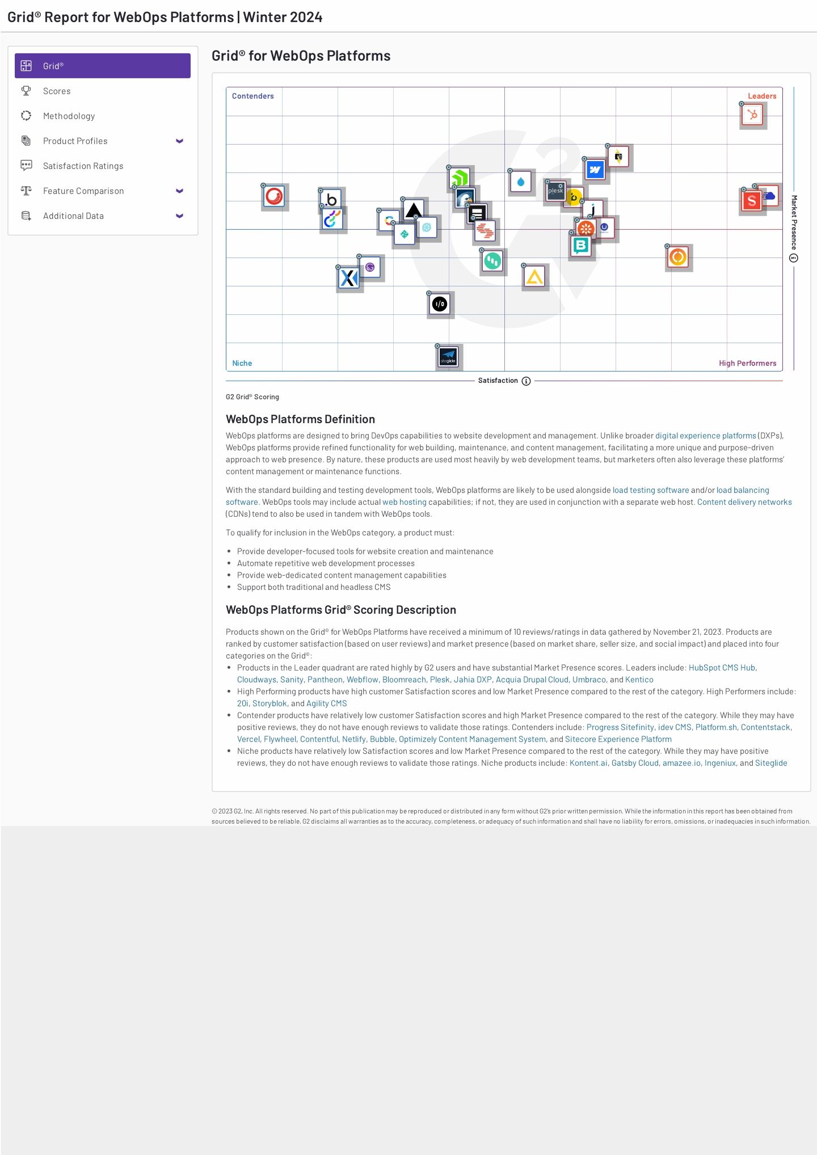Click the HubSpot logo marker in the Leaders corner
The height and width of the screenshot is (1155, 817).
point(753,115)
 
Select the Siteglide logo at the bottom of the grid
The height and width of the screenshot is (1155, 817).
point(448,357)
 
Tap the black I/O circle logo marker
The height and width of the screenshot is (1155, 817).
point(440,304)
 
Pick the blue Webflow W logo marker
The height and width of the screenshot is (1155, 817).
point(595,170)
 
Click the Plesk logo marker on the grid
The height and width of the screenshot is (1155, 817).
point(555,191)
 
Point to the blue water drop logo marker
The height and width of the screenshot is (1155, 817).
point(521,182)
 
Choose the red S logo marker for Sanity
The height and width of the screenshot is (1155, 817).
point(752,201)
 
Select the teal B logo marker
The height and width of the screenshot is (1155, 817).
point(580,246)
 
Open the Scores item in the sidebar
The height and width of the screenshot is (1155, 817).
point(57,91)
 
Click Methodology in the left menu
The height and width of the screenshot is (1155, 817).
point(69,116)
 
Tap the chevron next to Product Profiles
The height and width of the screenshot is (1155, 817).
point(179,141)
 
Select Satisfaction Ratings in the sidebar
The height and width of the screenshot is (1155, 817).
point(83,166)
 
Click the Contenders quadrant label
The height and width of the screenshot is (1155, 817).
point(252,96)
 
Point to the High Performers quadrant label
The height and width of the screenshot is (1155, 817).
point(747,363)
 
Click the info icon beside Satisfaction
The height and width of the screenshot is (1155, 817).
point(526,381)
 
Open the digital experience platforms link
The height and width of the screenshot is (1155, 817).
point(705,436)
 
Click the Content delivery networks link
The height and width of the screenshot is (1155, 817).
point(744,502)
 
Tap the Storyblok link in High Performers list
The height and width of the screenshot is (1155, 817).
point(269,703)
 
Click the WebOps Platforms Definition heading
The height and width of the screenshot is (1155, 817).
point(300,419)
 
